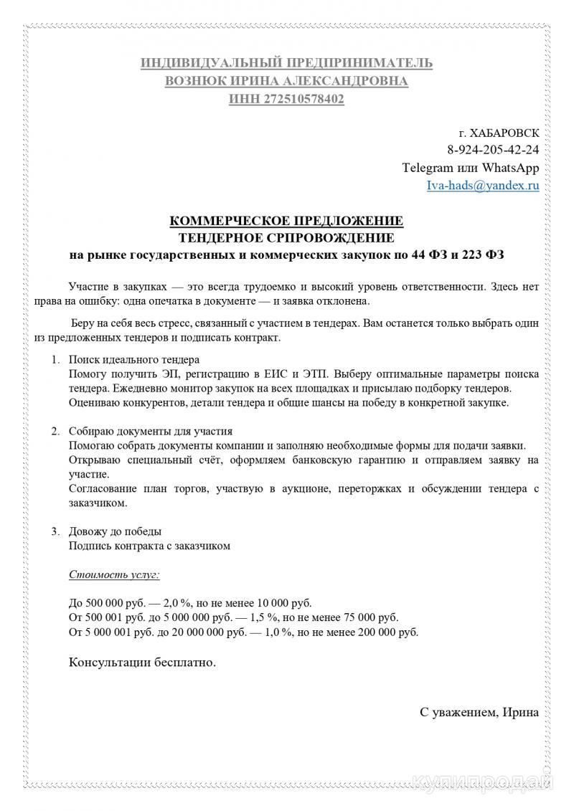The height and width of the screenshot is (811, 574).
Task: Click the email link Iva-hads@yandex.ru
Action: tap(482, 186)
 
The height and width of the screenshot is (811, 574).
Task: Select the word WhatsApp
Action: tap(509, 168)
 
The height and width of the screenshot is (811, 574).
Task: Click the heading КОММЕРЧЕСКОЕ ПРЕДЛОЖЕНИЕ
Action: tap(286, 220)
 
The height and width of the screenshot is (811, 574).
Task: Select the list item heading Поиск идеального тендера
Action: tap(134, 359)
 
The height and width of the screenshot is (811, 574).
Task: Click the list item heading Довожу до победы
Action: tap(115, 531)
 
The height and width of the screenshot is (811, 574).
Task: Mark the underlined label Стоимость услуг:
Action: tap(114, 574)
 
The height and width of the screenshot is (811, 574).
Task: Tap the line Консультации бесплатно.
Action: tap(142, 663)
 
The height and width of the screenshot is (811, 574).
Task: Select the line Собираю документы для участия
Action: tap(151, 431)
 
